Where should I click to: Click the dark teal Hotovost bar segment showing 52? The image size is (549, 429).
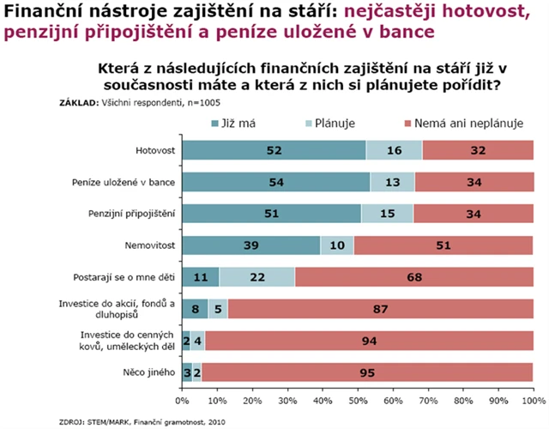click(274, 150)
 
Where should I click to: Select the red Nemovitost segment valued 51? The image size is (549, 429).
click(443, 245)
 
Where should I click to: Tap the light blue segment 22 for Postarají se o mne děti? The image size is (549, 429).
click(257, 278)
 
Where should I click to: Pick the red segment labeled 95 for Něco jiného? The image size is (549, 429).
click(367, 373)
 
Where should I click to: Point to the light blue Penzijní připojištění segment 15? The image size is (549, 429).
click(387, 213)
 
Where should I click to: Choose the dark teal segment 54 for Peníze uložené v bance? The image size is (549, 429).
click(276, 182)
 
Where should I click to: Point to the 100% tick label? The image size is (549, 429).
click(533, 400)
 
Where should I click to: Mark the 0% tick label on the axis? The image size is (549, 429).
click(182, 400)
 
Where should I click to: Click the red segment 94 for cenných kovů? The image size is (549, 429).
click(369, 341)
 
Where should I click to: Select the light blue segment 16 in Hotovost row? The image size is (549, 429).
click(395, 150)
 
